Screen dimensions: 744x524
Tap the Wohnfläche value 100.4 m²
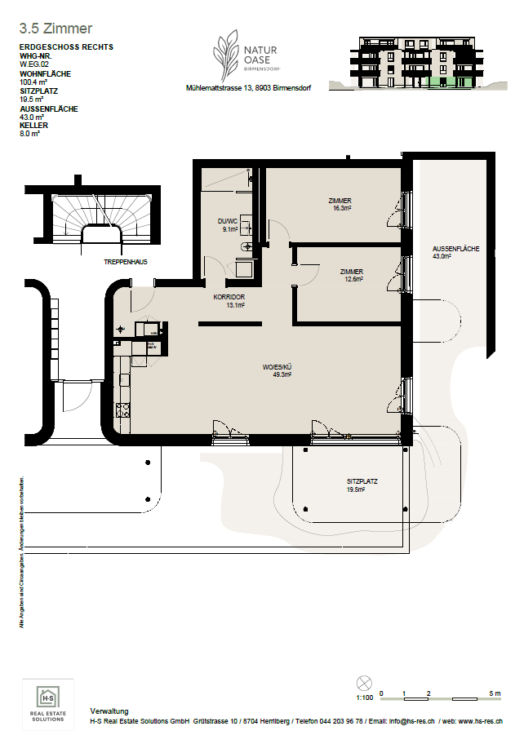35,82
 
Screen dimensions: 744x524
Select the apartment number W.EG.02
34,64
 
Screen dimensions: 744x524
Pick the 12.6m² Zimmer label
352,275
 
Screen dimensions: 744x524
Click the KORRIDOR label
229,301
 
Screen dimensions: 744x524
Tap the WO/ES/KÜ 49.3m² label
277,370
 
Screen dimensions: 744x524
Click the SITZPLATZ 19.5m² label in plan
362,485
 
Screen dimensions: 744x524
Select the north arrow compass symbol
364,683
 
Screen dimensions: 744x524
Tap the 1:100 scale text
364,698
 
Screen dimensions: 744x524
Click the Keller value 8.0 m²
29,134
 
